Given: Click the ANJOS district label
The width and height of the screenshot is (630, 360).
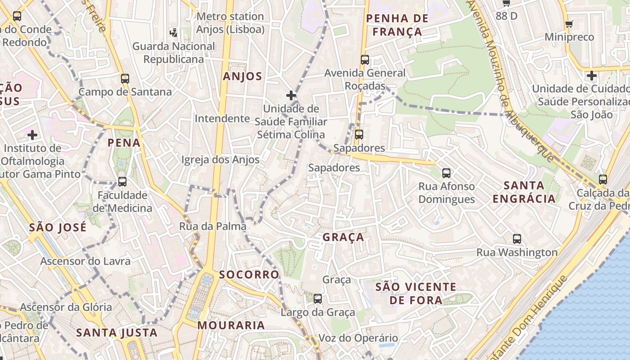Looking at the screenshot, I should pyautogui.click(x=243, y=76).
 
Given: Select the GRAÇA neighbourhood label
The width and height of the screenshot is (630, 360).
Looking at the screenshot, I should pyautogui.click(x=343, y=237).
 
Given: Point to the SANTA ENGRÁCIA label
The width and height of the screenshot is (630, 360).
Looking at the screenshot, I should pyautogui.click(x=524, y=192).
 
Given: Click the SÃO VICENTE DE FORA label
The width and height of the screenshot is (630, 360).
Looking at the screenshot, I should pyautogui.click(x=416, y=293).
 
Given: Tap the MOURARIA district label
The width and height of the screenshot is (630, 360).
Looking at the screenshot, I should pyautogui.click(x=231, y=325).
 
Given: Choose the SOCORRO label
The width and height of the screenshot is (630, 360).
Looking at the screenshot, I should pyautogui.click(x=249, y=274).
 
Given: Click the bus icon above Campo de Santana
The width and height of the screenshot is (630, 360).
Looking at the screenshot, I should pyautogui.click(x=125, y=79).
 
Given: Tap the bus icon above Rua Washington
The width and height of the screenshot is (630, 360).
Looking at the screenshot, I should pyautogui.click(x=517, y=239).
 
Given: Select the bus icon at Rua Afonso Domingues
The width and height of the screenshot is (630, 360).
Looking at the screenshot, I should pyautogui.click(x=446, y=173).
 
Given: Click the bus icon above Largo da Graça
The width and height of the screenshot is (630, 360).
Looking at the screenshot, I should pyautogui.click(x=318, y=298).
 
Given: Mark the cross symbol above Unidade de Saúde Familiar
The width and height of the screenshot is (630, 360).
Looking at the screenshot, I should pyautogui.click(x=291, y=95).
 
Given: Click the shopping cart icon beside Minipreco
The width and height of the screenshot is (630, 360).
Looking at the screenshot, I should pyautogui.click(x=569, y=24).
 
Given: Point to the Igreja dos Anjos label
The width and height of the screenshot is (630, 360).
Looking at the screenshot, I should pyautogui.click(x=220, y=160).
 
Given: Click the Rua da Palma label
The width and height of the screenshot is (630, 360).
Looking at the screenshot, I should pyautogui.click(x=213, y=226).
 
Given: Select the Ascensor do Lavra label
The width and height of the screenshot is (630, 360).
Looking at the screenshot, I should pyautogui.click(x=85, y=261).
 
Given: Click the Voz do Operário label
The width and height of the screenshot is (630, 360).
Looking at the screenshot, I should pyautogui.click(x=358, y=338).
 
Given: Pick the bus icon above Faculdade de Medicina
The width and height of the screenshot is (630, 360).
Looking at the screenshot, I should pyautogui.click(x=122, y=182).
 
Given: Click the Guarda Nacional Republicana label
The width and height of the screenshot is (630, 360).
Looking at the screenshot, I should pyautogui.click(x=174, y=53).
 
